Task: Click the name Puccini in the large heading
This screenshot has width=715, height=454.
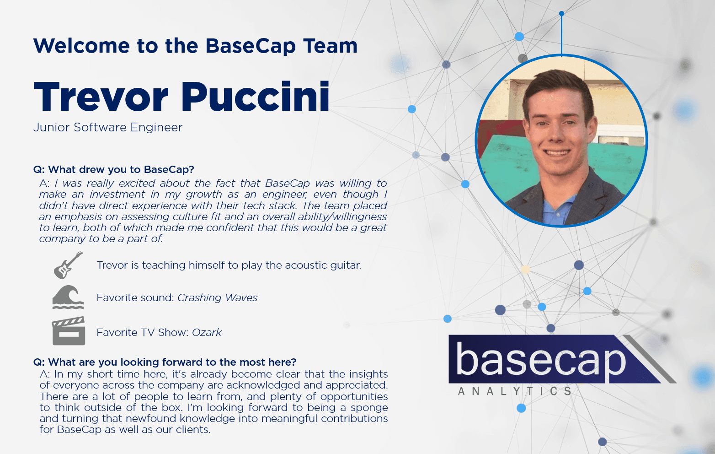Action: pos(256,97)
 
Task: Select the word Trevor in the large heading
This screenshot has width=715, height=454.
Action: pos(101,97)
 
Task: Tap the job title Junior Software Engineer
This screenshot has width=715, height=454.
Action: pos(108,127)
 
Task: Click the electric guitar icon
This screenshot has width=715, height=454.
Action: pos(68,265)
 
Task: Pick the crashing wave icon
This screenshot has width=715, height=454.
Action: pos(68,297)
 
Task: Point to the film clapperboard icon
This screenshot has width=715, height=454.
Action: pos(69,331)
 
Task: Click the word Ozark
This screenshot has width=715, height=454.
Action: pos(207,333)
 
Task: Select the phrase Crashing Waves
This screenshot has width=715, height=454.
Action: pos(217,298)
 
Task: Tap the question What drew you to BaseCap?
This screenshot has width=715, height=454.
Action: pos(114,170)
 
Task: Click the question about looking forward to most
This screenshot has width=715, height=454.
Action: pos(165,362)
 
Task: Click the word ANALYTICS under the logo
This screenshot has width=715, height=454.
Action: pos(515,391)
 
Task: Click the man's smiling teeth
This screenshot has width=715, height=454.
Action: pos(556,153)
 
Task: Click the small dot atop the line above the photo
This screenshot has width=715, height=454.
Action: pos(561,14)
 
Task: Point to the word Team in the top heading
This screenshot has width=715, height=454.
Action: pos(330,46)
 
